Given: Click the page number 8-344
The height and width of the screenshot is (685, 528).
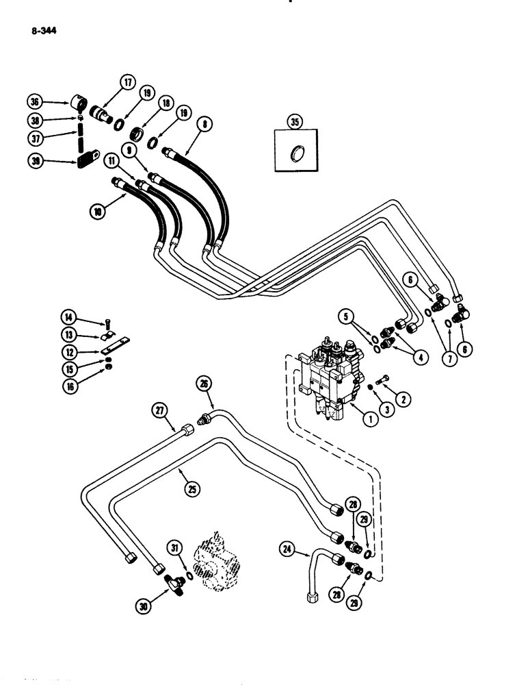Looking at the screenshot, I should point(42,29).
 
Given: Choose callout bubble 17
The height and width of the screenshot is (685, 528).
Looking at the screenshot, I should point(127,82).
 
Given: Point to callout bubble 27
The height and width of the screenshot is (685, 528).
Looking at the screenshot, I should point(160,410).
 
